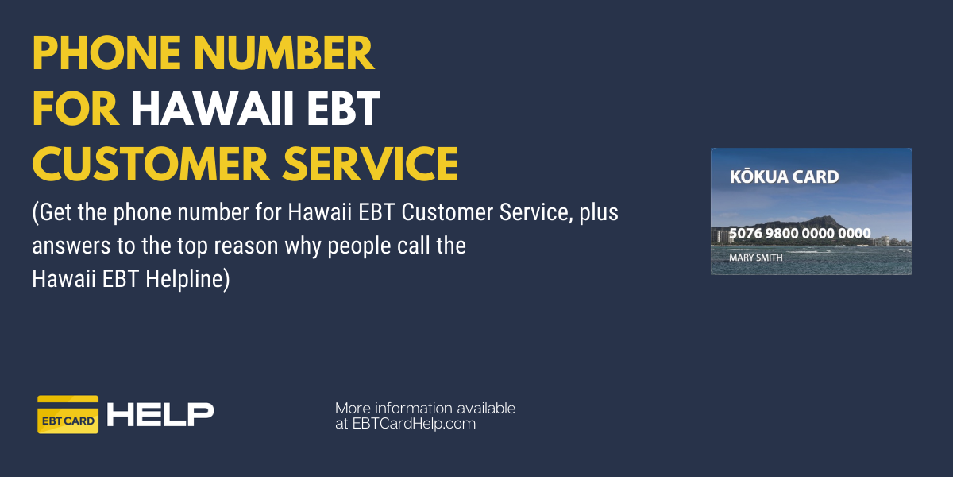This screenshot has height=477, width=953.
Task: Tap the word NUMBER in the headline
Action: [284, 53]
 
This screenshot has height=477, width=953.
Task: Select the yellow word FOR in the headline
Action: [75, 108]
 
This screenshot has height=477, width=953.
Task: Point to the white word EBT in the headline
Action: [344, 108]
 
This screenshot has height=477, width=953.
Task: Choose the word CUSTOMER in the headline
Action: [151, 164]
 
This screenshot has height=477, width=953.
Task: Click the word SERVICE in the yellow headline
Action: [371, 164]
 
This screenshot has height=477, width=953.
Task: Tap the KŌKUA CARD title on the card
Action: [784, 176]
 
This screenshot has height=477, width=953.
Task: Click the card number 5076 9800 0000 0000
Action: [800, 233]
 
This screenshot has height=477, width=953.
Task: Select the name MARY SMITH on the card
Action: [755, 258]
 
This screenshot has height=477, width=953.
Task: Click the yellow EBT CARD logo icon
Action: [68, 414]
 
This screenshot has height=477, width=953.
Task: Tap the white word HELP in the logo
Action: [160, 414]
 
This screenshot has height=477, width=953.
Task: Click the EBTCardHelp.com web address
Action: [414, 424]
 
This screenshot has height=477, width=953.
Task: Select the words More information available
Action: [425, 409]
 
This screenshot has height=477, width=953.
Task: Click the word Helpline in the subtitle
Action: [187, 279]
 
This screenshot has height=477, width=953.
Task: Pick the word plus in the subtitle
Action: [599, 213]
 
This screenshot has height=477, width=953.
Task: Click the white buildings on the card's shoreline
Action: [723, 236]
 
